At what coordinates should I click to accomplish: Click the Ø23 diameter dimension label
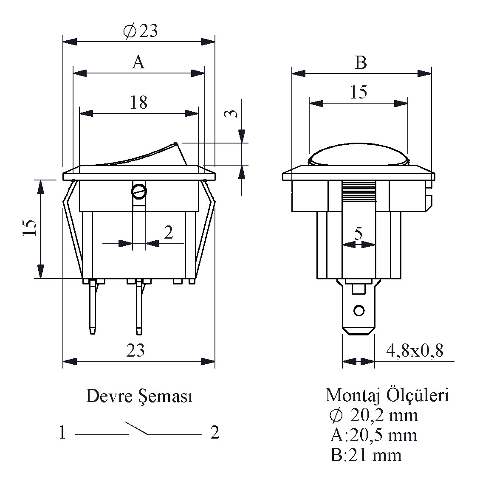click(140, 31)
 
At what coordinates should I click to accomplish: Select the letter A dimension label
click(138, 62)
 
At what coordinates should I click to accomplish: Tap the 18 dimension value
click(138, 102)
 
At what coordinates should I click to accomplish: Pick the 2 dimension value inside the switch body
click(169, 233)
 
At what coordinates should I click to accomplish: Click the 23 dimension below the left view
click(135, 350)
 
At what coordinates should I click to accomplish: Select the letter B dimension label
click(361, 63)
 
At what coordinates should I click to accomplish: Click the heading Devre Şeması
click(139, 396)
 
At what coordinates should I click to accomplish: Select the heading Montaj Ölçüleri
click(387, 395)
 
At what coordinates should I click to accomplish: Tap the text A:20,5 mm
click(373, 435)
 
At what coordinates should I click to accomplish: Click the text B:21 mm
click(366, 456)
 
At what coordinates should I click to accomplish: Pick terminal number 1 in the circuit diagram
click(62, 433)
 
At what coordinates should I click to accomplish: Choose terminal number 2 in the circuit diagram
click(215, 433)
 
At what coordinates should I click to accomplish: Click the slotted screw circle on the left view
click(139, 192)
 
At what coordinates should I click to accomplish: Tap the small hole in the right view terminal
click(359, 311)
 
